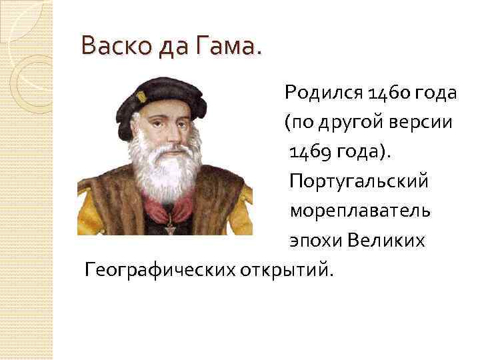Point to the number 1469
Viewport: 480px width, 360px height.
click(311, 152)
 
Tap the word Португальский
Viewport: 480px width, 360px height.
click(359, 181)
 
